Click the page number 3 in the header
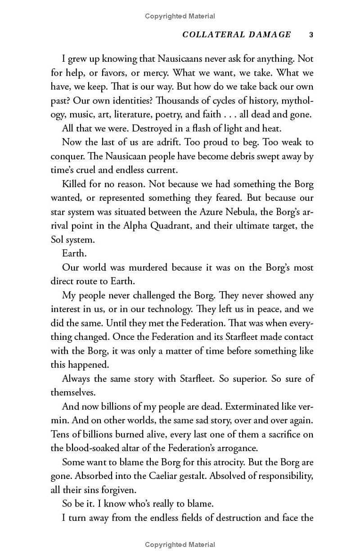click(x=311, y=35)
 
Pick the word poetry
click(x=188, y=114)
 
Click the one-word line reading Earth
click(x=74, y=253)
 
